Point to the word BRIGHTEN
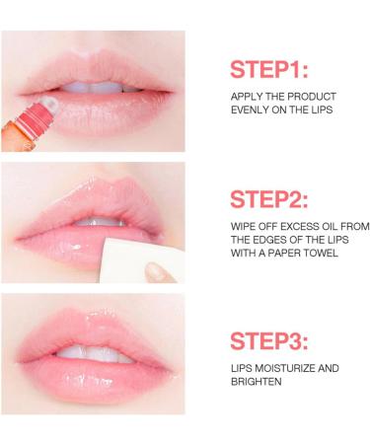pos(254,381)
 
